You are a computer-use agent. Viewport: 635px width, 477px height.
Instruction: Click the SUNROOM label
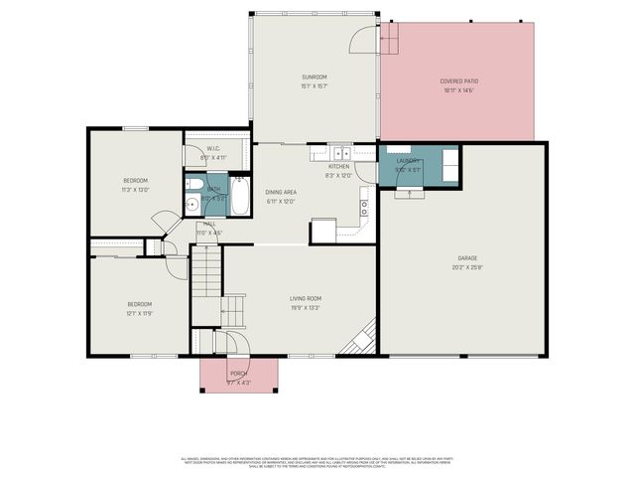pyautogui.click(x=315, y=77)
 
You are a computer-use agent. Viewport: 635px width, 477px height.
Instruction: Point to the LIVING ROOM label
pyautogui.click(x=305, y=298)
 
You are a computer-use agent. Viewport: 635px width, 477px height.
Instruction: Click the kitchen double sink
pyautogui.click(x=340, y=153)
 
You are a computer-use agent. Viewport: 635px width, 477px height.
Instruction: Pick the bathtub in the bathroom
pyautogui.click(x=240, y=194)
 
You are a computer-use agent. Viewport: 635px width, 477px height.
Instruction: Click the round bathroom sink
pyautogui.click(x=191, y=205)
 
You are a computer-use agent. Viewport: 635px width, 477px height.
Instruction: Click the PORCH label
pyautogui.click(x=238, y=374)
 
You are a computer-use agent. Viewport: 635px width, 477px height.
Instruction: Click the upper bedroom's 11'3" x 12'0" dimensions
pyautogui.click(x=135, y=189)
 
